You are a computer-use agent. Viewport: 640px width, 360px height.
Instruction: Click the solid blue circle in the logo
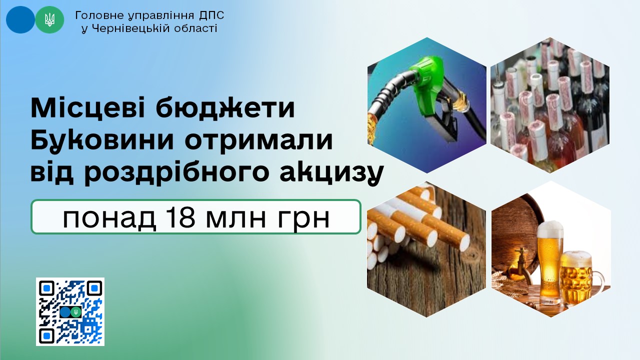(x=20, y=19)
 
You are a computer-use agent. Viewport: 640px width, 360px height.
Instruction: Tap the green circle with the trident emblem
(x=49, y=19)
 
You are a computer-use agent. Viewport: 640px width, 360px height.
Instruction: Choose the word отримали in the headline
(x=258, y=140)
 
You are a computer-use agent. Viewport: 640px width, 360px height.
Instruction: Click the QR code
(x=70, y=311)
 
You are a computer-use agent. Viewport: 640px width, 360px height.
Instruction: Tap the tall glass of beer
(x=549, y=263)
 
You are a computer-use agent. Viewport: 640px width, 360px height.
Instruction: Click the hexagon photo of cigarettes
(x=426, y=249)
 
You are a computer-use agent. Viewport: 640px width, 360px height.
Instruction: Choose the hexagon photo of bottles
(x=550, y=105)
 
